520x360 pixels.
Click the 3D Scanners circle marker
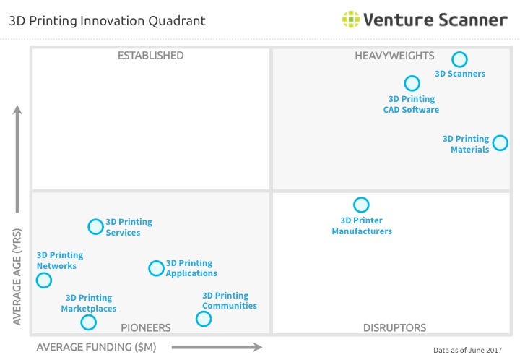tap(459, 59)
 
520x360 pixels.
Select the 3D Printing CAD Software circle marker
tap(412, 83)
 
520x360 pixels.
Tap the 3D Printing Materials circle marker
tap(500, 142)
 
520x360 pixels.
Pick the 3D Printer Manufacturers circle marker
tap(361, 205)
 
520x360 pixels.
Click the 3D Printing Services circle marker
tap(95, 226)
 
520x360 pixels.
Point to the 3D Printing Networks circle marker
tap(44, 280)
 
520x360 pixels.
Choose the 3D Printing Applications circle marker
tap(156, 268)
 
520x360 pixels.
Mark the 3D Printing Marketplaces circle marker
tap(88, 322)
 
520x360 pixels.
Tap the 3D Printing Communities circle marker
tap(204, 319)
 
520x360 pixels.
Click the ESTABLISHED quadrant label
tap(150, 56)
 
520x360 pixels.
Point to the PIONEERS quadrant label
tap(146, 328)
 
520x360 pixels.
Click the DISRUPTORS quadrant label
tap(394, 328)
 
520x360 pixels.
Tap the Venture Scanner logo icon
tap(351, 20)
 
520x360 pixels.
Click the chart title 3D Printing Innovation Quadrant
tap(107, 20)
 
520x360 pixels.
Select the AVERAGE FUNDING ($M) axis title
tap(96, 347)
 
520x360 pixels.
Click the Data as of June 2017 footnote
tap(467, 350)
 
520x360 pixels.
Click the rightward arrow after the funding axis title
tap(217, 347)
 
